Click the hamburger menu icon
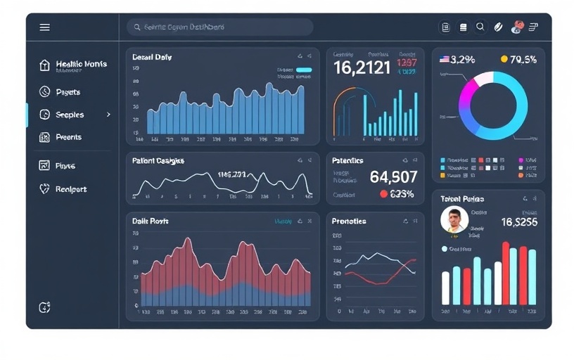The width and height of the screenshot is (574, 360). click(45, 27)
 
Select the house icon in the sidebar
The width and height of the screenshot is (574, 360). click(45, 65)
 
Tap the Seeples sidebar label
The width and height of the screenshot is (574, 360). click(70, 115)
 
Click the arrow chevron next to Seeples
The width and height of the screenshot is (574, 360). click(108, 114)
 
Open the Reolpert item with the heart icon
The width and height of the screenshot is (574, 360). click(70, 189)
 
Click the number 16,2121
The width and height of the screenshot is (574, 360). click(362, 68)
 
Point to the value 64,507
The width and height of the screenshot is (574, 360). click(393, 176)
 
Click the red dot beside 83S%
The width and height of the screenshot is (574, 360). click(383, 194)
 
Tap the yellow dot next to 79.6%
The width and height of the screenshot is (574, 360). click(504, 60)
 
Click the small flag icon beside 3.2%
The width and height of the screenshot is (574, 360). click(444, 60)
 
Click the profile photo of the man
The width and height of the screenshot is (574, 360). click(454, 220)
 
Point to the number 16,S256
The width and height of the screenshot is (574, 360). click(519, 222)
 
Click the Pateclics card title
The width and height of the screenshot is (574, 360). click(347, 161)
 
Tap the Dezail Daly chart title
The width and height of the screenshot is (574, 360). click(152, 57)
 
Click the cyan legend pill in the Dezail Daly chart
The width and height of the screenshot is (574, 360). click(304, 70)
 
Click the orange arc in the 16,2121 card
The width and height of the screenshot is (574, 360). click(337, 105)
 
